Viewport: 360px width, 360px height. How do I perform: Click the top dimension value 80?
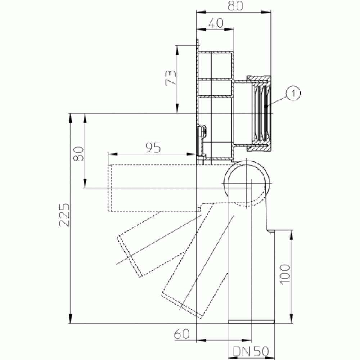click(235, 6)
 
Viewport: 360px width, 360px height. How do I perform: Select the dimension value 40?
click(216, 23)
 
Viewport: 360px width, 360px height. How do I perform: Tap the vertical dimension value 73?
click(171, 78)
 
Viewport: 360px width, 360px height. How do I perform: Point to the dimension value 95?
click(153, 148)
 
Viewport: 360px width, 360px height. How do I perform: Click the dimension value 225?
click(64, 215)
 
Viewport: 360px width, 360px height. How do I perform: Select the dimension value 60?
click(182, 334)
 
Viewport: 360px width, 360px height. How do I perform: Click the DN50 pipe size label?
click(251, 351)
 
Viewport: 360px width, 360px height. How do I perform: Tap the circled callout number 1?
click(293, 94)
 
